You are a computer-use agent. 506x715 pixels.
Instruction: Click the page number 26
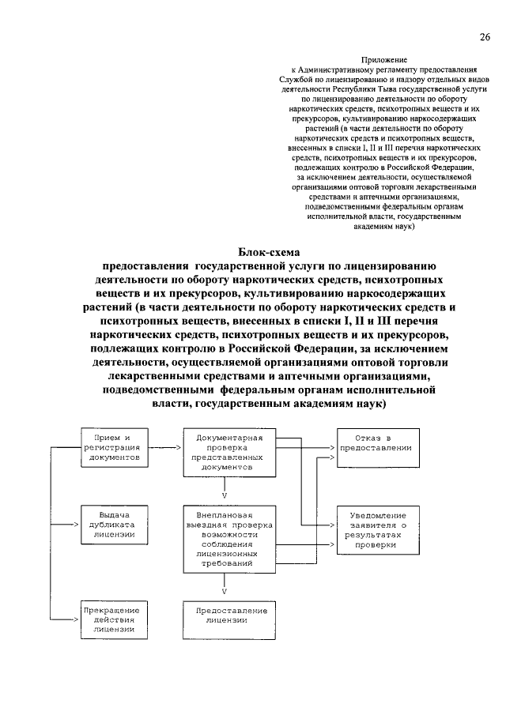(484, 37)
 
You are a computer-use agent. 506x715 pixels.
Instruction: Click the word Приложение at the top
(385, 60)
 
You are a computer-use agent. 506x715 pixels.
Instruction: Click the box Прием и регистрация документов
(114, 448)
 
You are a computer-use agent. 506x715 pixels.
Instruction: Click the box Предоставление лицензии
(225, 615)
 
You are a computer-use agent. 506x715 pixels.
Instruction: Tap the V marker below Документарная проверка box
(225, 495)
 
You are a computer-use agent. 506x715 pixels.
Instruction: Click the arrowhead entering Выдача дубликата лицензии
(76, 524)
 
